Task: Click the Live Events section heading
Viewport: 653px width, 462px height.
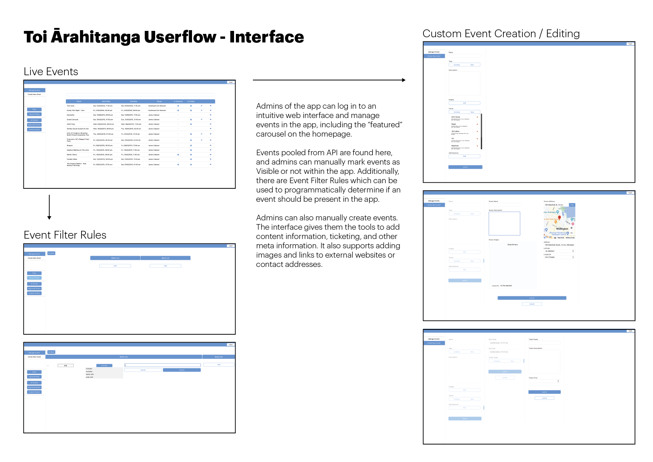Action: (x=51, y=71)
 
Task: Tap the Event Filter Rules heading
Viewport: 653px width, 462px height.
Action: (x=65, y=235)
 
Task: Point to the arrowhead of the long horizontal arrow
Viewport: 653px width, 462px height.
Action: (x=404, y=80)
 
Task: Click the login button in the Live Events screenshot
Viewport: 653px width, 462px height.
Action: (x=231, y=82)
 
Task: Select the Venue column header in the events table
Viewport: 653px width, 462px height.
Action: (x=159, y=101)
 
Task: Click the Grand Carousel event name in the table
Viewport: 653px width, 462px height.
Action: (x=73, y=120)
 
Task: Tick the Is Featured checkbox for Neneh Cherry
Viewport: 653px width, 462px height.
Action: (x=178, y=154)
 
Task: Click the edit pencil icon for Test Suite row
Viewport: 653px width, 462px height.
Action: (x=202, y=106)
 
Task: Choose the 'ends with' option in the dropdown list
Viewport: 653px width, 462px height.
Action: (x=90, y=377)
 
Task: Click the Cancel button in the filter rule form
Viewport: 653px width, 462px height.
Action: (x=143, y=370)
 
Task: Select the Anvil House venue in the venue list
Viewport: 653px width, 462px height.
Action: (x=456, y=117)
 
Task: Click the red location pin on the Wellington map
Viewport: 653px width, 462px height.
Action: (x=559, y=218)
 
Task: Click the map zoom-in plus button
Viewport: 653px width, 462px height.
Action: (x=572, y=228)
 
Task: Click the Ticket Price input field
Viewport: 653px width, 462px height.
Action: (x=544, y=381)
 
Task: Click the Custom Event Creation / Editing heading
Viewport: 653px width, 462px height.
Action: (x=501, y=34)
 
